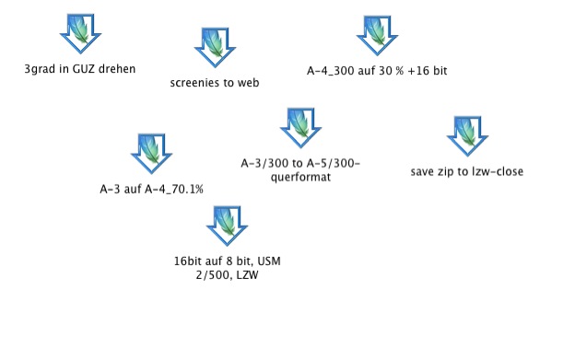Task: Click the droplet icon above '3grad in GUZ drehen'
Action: [80, 34]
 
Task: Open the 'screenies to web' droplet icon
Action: [215, 47]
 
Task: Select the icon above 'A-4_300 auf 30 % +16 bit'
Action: [377, 36]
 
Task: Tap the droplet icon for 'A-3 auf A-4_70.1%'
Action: [151, 154]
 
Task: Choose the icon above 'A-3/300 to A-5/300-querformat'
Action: [301, 128]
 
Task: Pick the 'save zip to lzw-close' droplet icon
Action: [467, 136]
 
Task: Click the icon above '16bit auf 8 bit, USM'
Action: [227, 226]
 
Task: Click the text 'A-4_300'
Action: [330, 71]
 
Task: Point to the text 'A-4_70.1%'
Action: [174, 189]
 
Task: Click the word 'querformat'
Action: [300, 178]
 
